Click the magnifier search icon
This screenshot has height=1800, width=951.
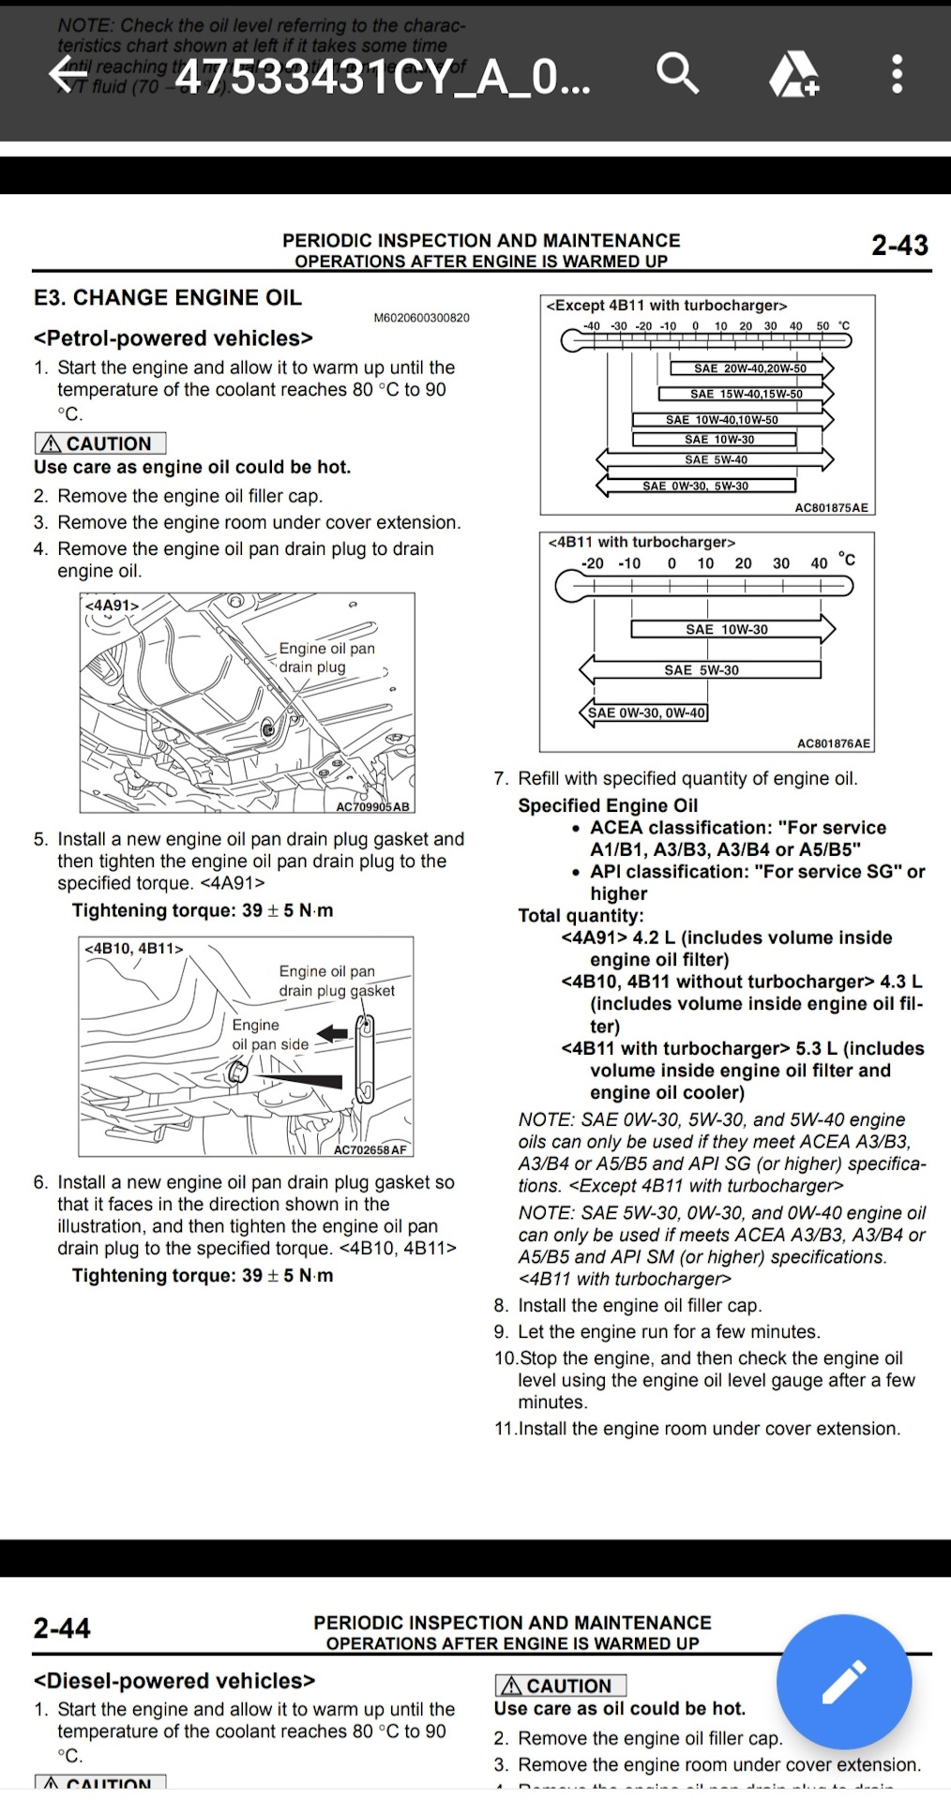tap(677, 73)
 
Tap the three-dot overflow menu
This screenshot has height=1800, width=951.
tap(897, 74)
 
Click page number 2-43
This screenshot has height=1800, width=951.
tap(898, 246)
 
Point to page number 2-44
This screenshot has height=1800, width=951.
tap(62, 1628)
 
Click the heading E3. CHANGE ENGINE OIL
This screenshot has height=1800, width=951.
tap(168, 298)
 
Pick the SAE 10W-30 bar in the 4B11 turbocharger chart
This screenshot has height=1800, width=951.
tap(727, 629)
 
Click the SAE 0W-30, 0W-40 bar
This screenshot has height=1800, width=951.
tap(646, 712)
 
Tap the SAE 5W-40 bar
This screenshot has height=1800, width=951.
tap(716, 459)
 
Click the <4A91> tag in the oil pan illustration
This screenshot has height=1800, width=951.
tap(112, 606)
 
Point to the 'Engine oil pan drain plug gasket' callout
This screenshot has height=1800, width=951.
tap(336, 982)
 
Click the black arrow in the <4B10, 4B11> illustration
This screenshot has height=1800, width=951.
tap(332, 1033)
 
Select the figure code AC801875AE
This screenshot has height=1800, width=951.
tap(831, 508)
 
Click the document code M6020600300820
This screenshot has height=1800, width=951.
tap(421, 318)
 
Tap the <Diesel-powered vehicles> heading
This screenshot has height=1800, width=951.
tap(174, 1681)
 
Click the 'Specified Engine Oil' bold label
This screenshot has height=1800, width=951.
tap(608, 805)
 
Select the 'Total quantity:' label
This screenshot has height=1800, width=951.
tap(581, 916)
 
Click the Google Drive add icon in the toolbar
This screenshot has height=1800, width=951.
tap(793, 74)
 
